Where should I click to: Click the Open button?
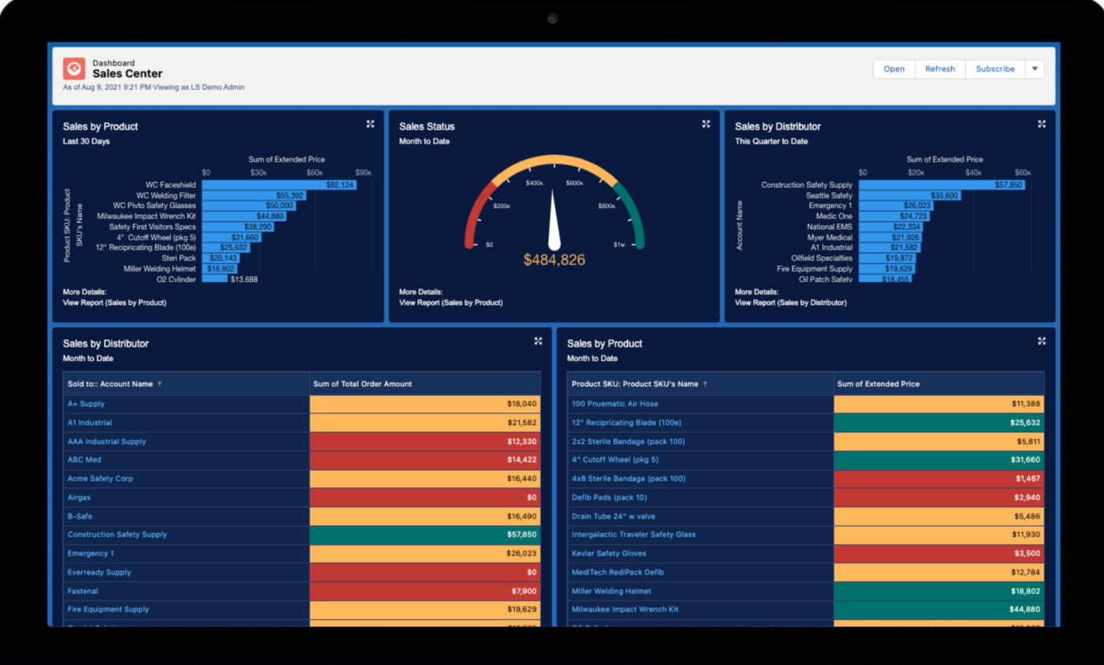(x=893, y=69)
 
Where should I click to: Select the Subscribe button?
(x=995, y=69)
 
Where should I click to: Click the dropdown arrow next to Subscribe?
(x=1035, y=69)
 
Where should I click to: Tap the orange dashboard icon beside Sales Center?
(x=73, y=69)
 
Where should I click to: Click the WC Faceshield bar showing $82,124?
(x=278, y=184)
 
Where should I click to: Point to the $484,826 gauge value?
(x=554, y=259)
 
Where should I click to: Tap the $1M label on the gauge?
(x=619, y=245)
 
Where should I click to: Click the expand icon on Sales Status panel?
(x=706, y=124)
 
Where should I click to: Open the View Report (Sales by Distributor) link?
(x=790, y=303)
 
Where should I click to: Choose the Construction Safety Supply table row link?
(x=117, y=534)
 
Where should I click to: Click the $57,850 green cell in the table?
(x=425, y=534)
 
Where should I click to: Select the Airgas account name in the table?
(x=80, y=497)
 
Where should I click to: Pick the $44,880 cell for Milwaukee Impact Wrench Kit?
(x=938, y=609)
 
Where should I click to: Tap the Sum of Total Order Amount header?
(x=362, y=384)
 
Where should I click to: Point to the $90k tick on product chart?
(x=363, y=173)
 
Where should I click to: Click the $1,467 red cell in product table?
(x=938, y=478)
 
